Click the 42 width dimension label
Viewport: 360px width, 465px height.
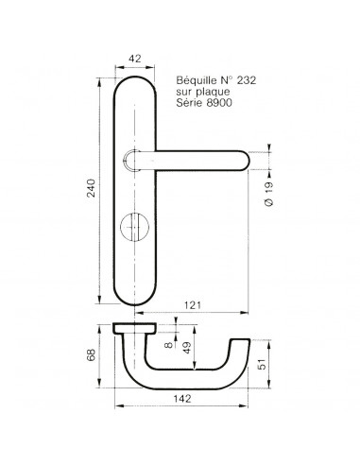pyautogui.click(x=135, y=59)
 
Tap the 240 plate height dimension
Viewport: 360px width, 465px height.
pyautogui.click(x=91, y=188)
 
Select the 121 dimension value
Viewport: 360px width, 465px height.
pyautogui.click(x=193, y=305)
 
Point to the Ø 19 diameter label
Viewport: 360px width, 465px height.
pyautogui.click(x=269, y=194)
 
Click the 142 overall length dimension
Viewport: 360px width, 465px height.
pyautogui.click(x=182, y=399)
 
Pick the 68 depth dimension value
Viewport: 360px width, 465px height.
pyautogui.click(x=91, y=355)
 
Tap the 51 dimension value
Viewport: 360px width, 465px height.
pyautogui.click(x=262, y=364)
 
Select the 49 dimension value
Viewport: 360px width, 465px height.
pyautogui.click(x=187, y=347)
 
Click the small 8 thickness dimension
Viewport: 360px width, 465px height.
pyautogui.click(x=169, y=345)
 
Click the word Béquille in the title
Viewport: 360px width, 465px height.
pyautogui.click(x=197, y=80)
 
